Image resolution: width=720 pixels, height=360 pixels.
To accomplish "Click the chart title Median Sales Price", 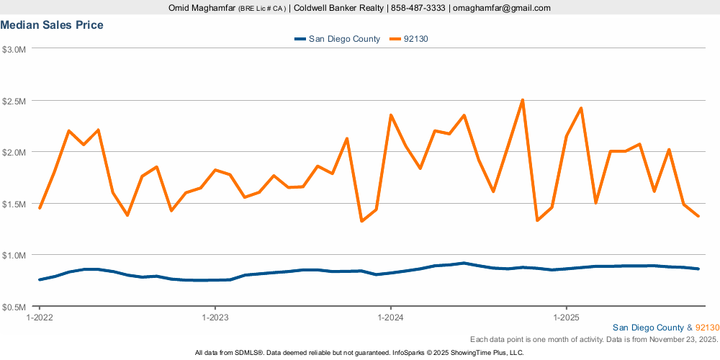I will point(52,25).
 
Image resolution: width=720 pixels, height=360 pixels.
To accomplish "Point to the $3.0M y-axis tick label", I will point(14,50).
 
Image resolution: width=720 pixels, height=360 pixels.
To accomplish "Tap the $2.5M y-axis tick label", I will point(14,101).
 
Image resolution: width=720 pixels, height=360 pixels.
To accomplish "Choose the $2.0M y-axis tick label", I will point(14,153).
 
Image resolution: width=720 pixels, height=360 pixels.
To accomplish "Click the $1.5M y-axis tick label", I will point(14,204).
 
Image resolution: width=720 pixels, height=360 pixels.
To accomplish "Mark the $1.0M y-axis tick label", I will point(14,255).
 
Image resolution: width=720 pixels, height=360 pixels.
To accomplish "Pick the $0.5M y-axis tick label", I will point(14,307).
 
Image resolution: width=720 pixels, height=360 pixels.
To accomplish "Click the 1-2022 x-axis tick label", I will point(39,317).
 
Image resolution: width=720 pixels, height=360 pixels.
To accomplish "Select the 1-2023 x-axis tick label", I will point(215,317).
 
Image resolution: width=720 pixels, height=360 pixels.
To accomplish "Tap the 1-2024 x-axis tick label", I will point(390,317).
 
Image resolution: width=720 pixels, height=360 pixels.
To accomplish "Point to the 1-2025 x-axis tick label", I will point(566,317).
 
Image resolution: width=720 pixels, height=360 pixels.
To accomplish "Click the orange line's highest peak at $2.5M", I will point(522,100).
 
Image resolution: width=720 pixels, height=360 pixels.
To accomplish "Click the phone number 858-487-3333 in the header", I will point(418,8).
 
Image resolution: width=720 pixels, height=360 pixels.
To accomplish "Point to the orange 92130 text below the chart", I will point(707,328).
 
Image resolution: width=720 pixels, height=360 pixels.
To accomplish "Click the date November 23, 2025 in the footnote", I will point(683,338).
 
